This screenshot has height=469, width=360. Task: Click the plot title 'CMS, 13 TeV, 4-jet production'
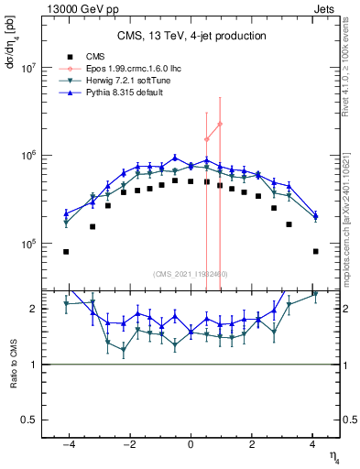coord(191,37)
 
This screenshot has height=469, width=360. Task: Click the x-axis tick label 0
coord(191,444)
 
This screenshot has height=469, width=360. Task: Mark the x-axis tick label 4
coord(312,444)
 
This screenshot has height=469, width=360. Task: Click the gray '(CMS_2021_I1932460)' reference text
coord(191,274)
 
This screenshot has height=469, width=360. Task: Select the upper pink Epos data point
coord(220,124)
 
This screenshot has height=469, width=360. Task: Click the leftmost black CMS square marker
coord(66,251)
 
